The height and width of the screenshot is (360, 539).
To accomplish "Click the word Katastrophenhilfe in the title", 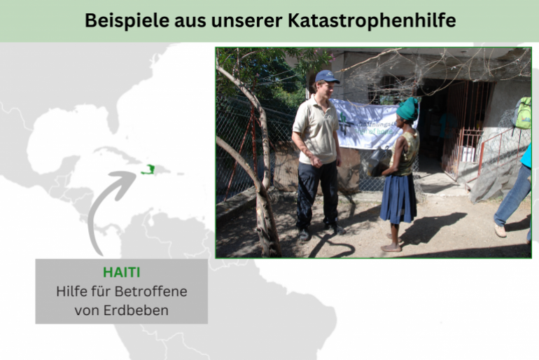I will [372, 21].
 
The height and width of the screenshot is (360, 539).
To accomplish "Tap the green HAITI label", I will [121, 272].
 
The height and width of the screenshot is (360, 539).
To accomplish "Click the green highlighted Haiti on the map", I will [148, 169].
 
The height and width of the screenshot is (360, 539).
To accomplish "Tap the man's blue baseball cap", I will [326, 76].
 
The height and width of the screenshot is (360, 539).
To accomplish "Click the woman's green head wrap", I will [407, 110].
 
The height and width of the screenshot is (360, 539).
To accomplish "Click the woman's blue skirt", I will [399, 198].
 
